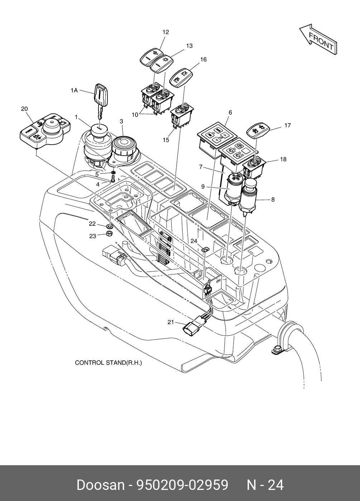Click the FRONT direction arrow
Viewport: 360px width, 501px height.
(318, 40)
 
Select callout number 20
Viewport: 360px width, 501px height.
(24, 109)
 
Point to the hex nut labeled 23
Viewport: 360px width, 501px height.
(110, 234)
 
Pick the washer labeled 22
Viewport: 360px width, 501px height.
(110, 226)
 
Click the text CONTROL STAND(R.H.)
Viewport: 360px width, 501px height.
(108, 363)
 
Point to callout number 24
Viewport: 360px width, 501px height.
(194, 241)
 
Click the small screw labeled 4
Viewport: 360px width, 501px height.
(112, 180)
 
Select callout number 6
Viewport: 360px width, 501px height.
(230, 112)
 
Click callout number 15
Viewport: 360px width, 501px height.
(165, 140)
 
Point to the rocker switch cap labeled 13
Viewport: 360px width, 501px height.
(162, 64)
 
